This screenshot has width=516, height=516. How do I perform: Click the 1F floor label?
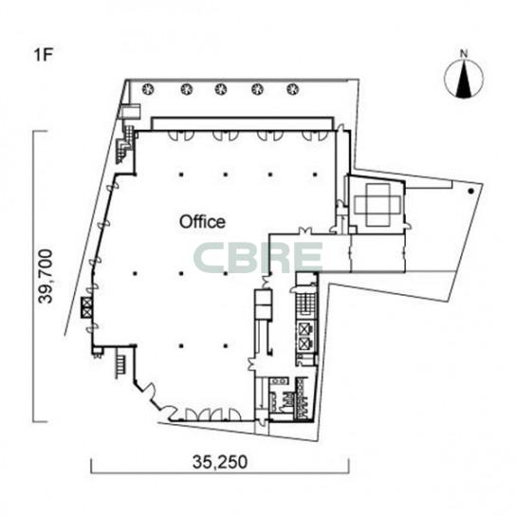pos(44,55)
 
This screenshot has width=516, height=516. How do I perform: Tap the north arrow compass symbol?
pos(464,79)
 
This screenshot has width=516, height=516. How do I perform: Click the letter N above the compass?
pos(464,54)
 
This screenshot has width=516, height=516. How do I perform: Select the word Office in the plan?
pos(202,222)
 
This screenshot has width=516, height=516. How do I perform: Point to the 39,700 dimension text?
pos(46,276)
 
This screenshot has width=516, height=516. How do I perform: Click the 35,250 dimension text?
pos(220,462)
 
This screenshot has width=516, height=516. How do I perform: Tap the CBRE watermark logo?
pos(257,258)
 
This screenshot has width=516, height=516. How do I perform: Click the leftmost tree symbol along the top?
pos(149,88)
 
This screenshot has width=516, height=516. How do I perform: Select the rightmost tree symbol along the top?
pos(292,89)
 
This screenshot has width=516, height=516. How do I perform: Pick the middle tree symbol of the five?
pos(221,89)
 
